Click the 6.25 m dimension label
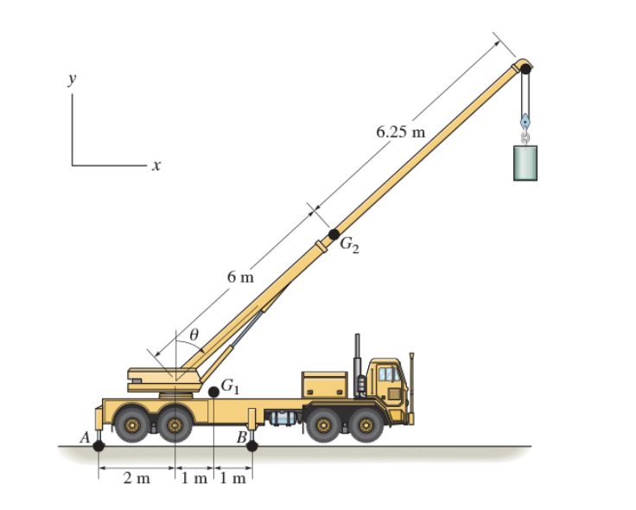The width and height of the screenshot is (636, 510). [x=401, y=132]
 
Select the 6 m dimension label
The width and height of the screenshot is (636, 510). [x=241, y=277]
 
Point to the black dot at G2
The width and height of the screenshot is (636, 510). [x=334, y=234]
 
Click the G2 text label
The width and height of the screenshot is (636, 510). [x=350, y=245]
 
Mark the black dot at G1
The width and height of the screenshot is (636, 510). [x=213, y=392]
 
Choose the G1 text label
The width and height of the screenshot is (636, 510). [x=231, y=386]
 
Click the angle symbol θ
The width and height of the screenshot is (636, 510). [x=194, y=333]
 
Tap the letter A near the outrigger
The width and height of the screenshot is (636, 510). [x=85, y=437]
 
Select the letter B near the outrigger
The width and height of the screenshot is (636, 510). [x=243, y=437]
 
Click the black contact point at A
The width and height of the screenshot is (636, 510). [x=99, y=446]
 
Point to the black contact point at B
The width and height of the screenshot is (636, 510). [x=252, y=446]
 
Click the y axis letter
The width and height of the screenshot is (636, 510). [x=73, y=79]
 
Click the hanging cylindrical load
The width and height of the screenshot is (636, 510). [x=525, y=163]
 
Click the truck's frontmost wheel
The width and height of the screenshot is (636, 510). [x=366, y=425]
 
